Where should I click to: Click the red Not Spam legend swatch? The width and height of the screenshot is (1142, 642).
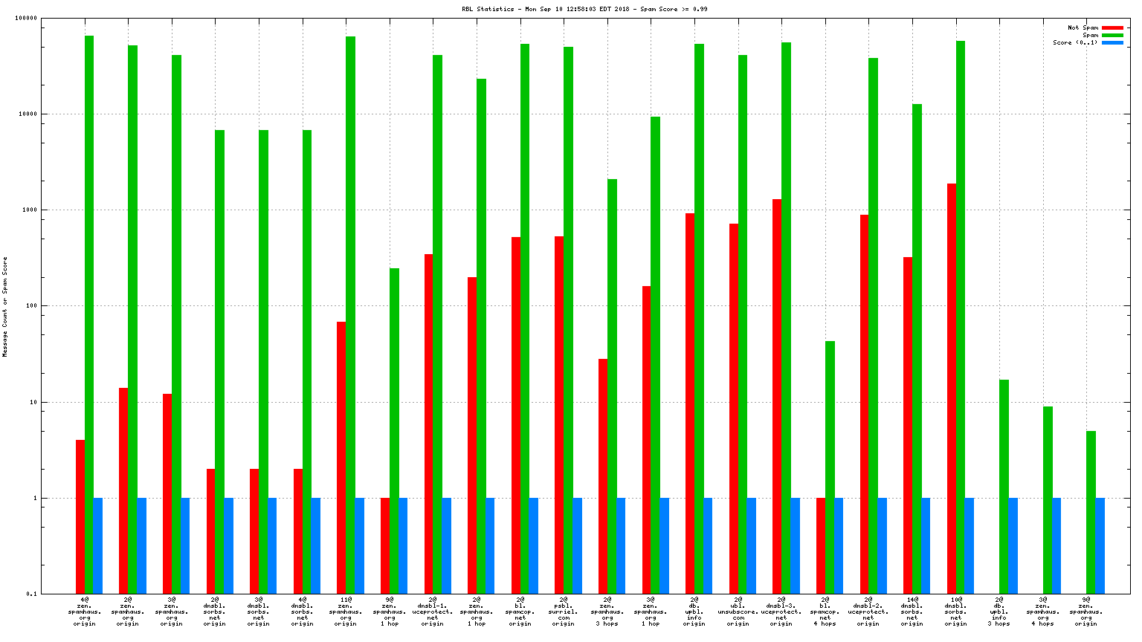(1112, 28)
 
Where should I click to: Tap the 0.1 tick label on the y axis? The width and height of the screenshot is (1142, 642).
(31, 594)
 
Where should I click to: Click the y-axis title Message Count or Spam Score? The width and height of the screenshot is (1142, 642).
(5, 307)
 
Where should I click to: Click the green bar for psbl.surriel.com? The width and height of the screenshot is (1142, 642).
(568, 320)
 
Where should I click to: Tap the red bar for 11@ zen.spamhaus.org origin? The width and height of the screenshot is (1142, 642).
(341, 457)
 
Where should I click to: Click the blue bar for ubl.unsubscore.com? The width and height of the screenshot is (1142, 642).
(751, 545)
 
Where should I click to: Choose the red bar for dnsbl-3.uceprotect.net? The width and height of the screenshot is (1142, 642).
(777, 395)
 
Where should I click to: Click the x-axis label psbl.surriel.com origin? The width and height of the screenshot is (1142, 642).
(563, 611)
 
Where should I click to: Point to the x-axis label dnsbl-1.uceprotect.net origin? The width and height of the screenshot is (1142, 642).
(432, 611)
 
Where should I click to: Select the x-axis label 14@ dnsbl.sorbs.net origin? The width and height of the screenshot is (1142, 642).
(912, 611)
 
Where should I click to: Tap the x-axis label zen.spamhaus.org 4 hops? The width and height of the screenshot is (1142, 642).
(1042, 611)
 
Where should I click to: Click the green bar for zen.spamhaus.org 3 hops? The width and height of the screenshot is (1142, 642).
(612, 386)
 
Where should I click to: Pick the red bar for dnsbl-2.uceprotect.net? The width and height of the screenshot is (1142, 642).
(864, 403)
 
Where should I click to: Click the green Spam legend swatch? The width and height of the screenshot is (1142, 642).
(1112, 36)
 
